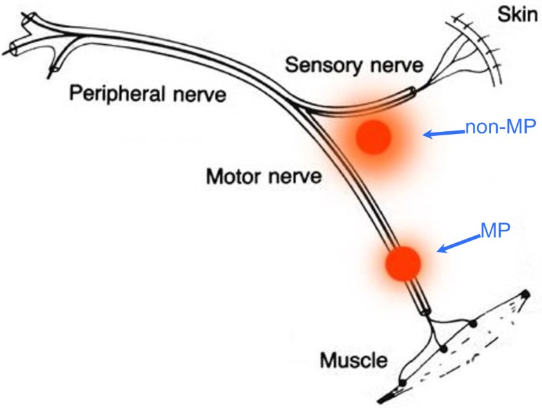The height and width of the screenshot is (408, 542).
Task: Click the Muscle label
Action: point(353,360)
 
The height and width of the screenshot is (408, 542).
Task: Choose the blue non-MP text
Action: point(499,128)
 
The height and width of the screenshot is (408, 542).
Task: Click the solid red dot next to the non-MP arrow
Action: point(374,137)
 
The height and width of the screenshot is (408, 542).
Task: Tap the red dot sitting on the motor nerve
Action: point(403,263)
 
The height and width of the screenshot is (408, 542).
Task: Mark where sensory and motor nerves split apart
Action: point(302,106)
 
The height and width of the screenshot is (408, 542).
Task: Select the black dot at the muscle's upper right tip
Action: point(525,295)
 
